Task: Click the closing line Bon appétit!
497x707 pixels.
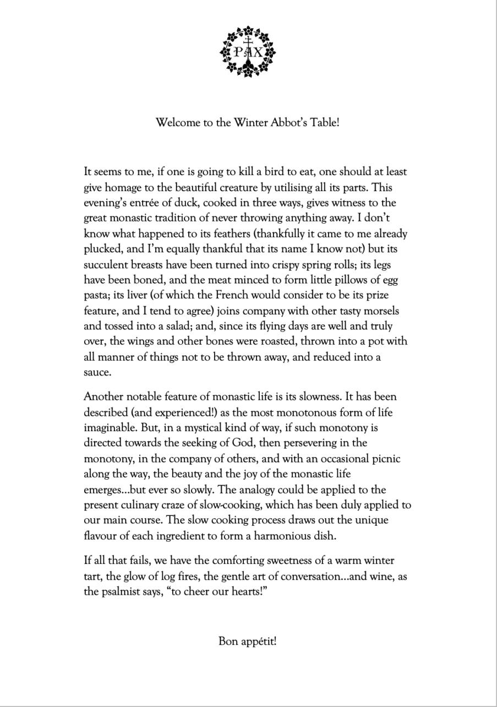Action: tap(247, 641)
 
